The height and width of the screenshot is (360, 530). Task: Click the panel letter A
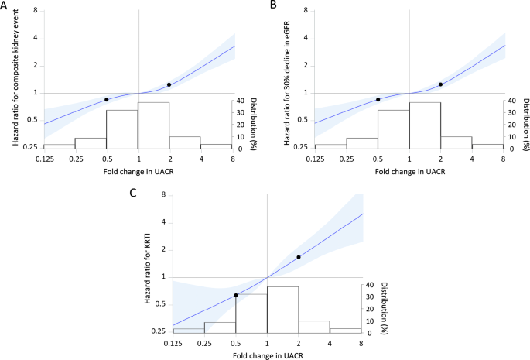5,5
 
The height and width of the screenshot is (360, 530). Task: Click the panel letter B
273,5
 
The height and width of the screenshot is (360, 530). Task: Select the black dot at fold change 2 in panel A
169,84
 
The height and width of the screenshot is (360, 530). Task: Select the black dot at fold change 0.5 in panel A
107,99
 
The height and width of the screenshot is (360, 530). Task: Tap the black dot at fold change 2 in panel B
440,84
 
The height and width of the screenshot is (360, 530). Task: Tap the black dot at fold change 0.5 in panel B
378,99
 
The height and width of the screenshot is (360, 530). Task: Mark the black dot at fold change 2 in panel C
298,257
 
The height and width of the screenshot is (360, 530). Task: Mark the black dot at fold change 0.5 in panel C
236,295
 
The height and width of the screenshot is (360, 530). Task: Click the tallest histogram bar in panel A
153,125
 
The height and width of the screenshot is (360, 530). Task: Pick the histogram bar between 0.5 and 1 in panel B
394,129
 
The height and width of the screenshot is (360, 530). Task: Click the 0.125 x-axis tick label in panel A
44,158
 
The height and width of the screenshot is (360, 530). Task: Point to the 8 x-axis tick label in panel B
503,158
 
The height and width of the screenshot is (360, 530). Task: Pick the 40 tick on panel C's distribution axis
369,284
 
